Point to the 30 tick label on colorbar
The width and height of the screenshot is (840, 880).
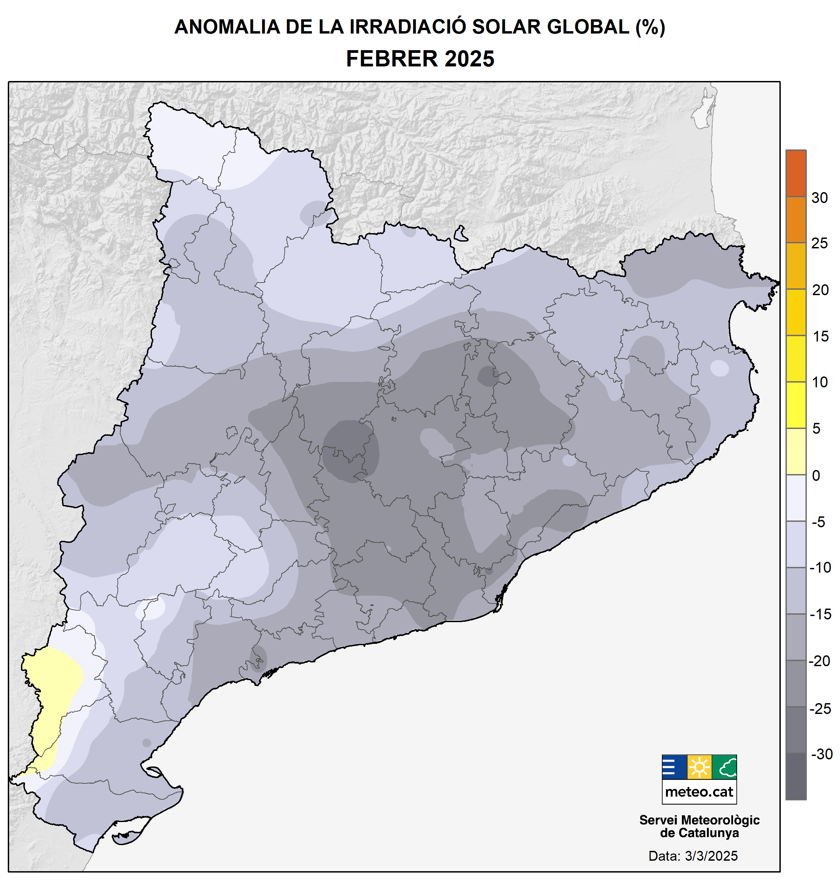click(x=819, y=198)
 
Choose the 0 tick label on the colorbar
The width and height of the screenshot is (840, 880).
click(x=816, y=475)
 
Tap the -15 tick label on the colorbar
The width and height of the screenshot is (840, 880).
click(x=820, y=614)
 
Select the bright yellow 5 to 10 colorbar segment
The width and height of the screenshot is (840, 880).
click(x=796, y=405)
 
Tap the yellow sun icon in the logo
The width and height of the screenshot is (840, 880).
click(x=699, y=768)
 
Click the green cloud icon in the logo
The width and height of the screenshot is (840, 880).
click(x=724, y=768)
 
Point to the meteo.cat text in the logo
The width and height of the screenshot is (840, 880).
click(x=699, y=792)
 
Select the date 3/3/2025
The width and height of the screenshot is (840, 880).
click(x=711, y=856)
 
